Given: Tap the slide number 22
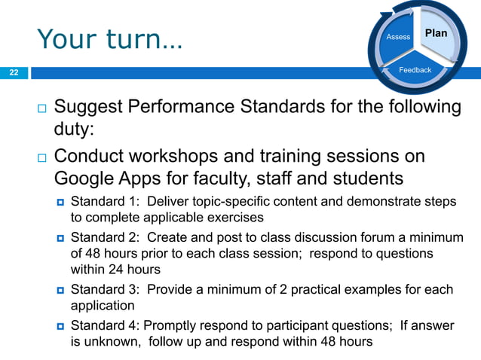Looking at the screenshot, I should click(13, 73).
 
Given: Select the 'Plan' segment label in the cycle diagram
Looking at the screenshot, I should click(436, 33).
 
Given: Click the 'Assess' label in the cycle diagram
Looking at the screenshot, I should click(398, 37).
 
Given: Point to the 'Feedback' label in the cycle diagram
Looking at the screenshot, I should click(415, 70).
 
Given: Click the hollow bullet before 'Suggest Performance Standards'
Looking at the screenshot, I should click(41, 108).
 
